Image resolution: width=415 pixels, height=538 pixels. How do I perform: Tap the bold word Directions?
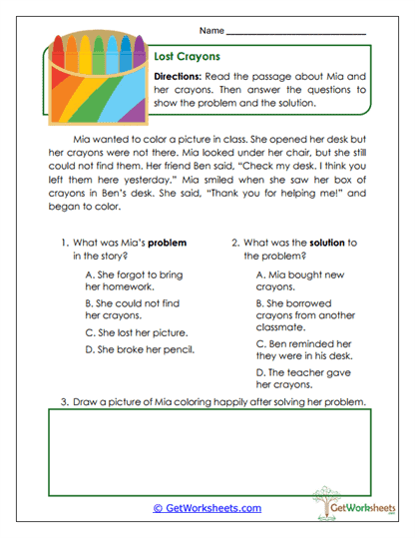click(182, 76)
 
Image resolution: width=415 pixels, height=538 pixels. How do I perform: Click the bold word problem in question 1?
click(167, 243)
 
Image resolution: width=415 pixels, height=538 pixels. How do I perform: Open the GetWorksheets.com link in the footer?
click(207, 508)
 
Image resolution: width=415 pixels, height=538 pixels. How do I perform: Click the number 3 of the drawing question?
click(64, 402)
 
